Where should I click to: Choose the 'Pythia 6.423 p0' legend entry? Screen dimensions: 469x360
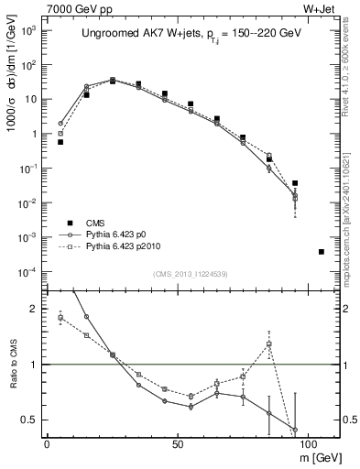click(109, 234)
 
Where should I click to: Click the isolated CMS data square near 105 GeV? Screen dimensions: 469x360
click(321, 251)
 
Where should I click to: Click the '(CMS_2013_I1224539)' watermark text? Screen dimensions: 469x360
click(191, 272)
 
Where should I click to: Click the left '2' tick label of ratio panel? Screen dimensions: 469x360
click(35, 309)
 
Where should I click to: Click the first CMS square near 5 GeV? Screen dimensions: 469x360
click(60, 142)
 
